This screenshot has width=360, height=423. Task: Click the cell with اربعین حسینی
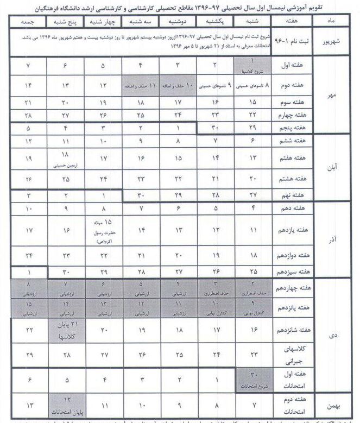click(x=65, y=157)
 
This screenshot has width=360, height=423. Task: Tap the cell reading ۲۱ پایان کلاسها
click(x=65, y=329)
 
